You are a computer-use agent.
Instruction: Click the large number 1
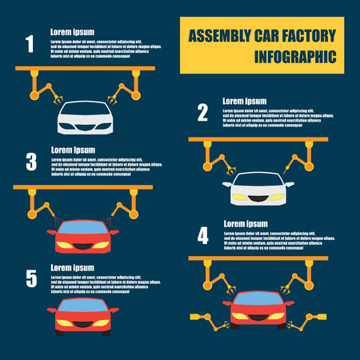tap(30, 43)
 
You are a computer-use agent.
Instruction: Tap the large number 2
tap(202, 112)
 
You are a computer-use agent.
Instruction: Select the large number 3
tap(31, 162)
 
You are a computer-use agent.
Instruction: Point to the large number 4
tap(202, 235)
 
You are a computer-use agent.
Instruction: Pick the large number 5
tap(31, 278)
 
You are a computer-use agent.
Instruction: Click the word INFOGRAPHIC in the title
tap(294, 58)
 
